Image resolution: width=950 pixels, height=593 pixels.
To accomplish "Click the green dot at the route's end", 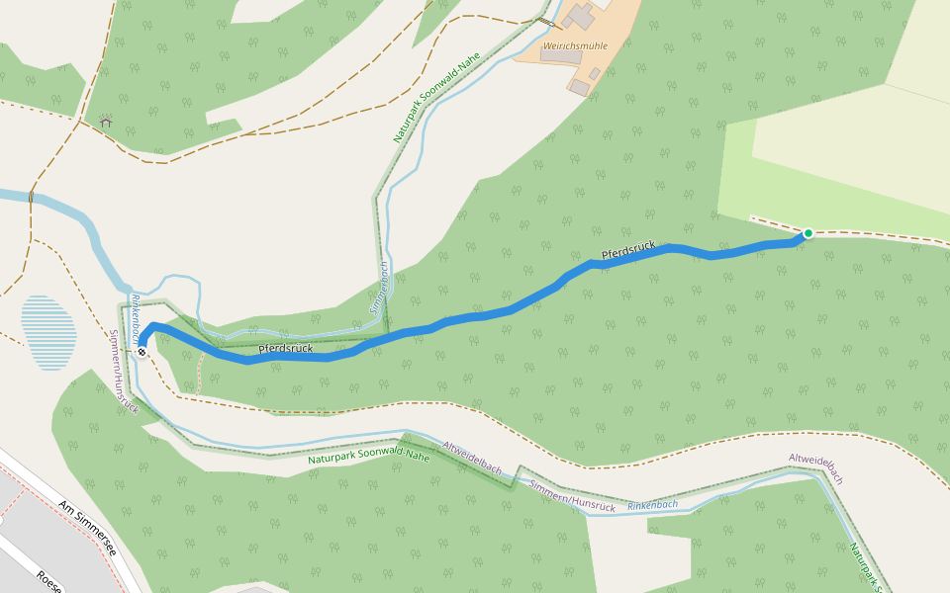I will click(808, 233).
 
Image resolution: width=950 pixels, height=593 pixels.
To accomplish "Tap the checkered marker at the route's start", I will click(142, 351).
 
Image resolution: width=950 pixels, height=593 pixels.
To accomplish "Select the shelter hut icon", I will click(106, 123).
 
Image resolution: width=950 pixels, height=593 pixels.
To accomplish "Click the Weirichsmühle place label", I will click(575, 45).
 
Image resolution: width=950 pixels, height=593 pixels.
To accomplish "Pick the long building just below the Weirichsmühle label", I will click(561, 57).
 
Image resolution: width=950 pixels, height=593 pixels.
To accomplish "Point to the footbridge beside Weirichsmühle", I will click(543, 22).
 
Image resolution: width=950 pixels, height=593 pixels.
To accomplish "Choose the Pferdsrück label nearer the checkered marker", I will click(285, 349).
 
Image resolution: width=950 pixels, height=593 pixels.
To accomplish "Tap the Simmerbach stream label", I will click(379, 288).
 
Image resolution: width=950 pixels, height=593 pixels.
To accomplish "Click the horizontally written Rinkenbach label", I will click(652, 505).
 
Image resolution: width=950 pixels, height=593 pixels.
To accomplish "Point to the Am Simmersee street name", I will click(87, 527).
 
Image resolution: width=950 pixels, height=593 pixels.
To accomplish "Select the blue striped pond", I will click(48, 332).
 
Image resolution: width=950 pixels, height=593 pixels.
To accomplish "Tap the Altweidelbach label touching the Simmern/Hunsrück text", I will click(472, 458).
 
